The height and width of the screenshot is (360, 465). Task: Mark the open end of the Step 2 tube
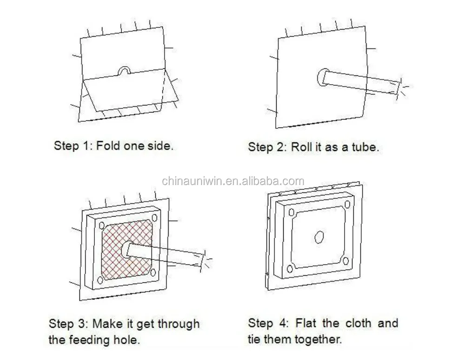coord(398,88)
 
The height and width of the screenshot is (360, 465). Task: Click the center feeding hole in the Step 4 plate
coord(319,237)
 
